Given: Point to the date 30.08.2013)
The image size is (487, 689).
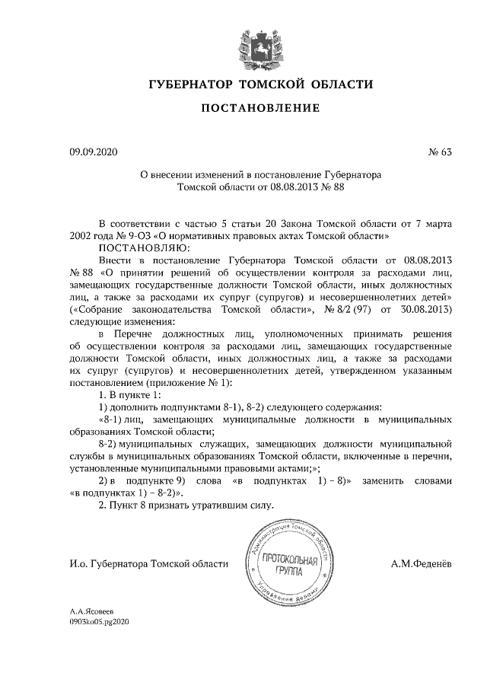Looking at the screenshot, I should coord(428,310).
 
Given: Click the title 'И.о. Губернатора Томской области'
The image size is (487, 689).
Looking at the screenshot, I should coord(148,564).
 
